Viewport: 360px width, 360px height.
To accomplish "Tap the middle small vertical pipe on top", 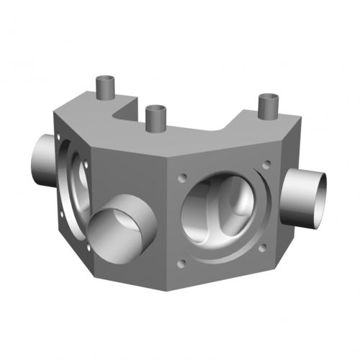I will [155, 118].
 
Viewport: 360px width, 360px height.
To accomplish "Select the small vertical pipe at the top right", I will [269, 108].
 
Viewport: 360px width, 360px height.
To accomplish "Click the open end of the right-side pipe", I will [314, 197].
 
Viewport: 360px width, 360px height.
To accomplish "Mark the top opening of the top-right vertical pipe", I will [269, 97].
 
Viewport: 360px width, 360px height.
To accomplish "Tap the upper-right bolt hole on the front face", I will [267, 164].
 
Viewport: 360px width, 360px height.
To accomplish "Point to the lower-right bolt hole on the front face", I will [263, 248].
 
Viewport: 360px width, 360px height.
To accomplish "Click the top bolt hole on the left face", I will [86, 164].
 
